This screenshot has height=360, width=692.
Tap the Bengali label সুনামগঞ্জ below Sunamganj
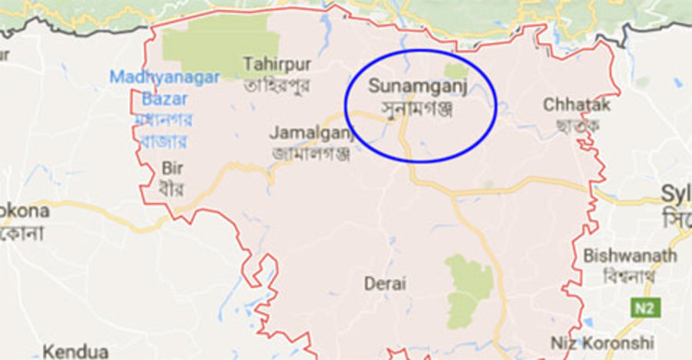pos(416,108)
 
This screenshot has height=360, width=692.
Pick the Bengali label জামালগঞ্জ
pos(311,153)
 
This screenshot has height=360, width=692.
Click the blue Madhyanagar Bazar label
pos(148,86)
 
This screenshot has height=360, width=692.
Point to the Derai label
pos(385,283)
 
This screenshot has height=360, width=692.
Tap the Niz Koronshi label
pos(627,342)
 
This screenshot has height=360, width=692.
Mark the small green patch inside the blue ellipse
pos(456,71)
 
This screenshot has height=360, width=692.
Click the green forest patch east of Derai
pos(469,285)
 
